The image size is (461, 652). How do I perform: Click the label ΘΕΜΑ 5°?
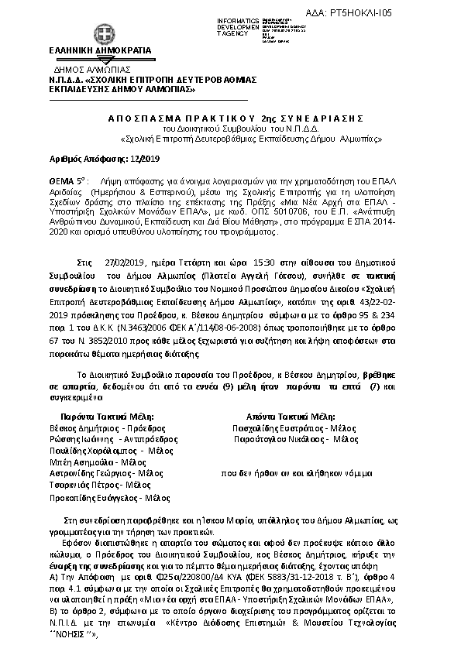coord(64,178)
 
